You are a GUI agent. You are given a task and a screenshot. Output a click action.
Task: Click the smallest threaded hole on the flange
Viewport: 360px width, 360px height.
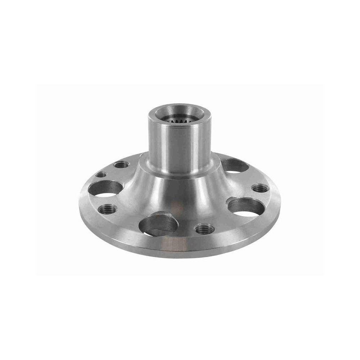101,175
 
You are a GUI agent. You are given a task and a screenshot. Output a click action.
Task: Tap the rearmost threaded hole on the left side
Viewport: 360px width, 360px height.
121,165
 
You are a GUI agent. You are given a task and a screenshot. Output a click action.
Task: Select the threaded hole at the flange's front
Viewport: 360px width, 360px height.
204,229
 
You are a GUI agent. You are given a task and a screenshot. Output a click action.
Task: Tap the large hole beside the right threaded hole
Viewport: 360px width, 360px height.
245,207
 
